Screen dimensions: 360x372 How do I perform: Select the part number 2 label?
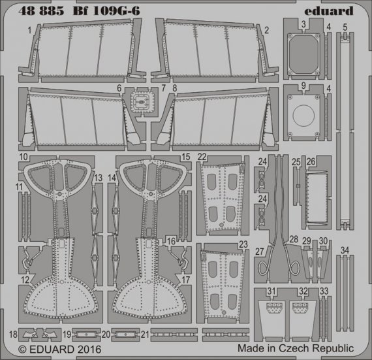(266, 31)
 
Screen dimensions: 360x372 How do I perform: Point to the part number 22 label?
(202, 156)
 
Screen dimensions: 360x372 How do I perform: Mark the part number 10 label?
(23, 157)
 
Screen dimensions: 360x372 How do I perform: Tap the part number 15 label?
(185, 157)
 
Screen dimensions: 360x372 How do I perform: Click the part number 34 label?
(345, 249)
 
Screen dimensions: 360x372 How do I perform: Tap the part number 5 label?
(345, 27)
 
